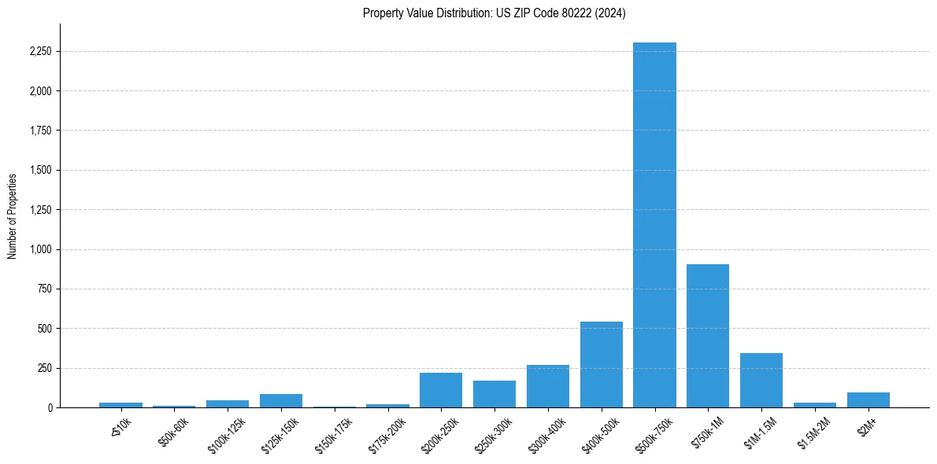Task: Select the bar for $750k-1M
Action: coord(708,336)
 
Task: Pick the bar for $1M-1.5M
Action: coord(761,381)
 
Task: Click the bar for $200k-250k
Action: coord(441,390)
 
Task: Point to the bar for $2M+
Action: coord(868,400)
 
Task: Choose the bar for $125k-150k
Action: coord(281,400)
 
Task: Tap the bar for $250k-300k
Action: coord(494,394)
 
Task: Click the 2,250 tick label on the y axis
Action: coord(39,52)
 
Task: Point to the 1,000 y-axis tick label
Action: coord(39,249)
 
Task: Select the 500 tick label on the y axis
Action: coord(44,329)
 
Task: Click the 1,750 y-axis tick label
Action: coord(39,131)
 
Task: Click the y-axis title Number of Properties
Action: coord(12,215)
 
